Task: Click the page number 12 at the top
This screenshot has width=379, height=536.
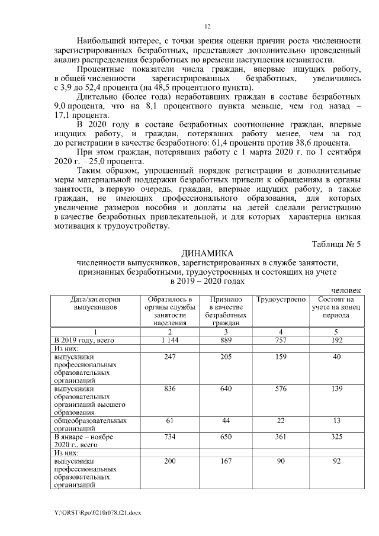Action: click(207, 26)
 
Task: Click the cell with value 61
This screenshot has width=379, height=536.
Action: click(169, 420)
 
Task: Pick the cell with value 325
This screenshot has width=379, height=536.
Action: click(336, 436)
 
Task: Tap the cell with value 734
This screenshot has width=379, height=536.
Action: click(169, 436)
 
